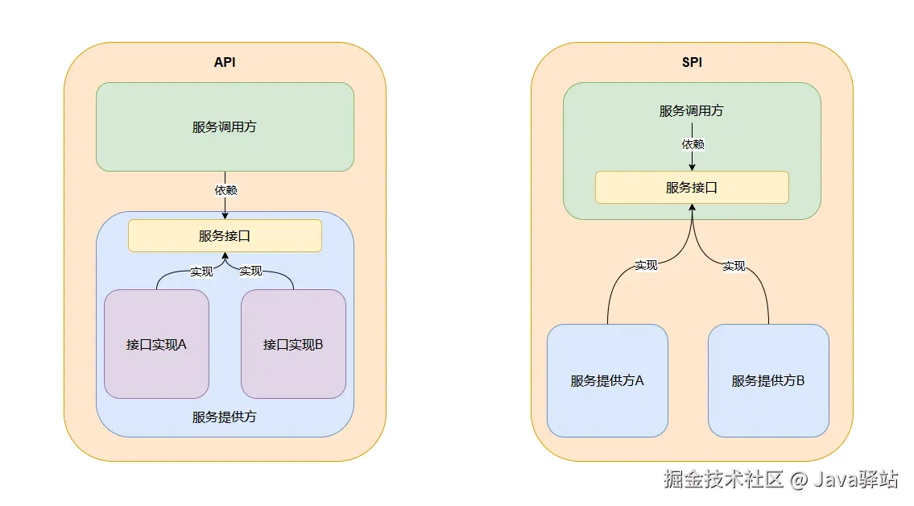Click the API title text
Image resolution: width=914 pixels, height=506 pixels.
click(225, 62)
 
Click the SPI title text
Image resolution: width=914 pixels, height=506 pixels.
click(692, 62)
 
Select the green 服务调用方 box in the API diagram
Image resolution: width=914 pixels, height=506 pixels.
click(225, 126)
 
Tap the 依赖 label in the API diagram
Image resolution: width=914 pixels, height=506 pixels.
click(225, 190)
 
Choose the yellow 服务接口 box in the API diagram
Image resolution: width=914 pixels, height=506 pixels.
click(225, 235)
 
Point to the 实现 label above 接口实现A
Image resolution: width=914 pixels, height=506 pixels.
click(201, 271)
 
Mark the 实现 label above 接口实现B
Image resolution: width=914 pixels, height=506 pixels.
click(250, 271)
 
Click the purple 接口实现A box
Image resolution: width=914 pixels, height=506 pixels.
click(156, 344)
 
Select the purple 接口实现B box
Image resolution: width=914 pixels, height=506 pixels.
click(293, 344)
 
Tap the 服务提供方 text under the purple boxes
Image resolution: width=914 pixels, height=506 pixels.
click(225, 417)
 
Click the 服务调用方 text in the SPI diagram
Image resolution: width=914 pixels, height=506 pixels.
click(691, 110)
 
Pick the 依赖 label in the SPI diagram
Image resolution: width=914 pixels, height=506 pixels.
click(693, 144)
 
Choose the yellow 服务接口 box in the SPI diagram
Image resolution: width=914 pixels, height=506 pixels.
click(692, 187)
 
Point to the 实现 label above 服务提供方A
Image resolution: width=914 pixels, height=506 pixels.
click(646, 264)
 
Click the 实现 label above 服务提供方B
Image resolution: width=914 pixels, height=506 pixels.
click(734, 265)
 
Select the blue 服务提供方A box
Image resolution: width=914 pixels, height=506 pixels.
click(607, 380)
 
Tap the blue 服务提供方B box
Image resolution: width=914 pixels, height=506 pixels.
click(768, 380)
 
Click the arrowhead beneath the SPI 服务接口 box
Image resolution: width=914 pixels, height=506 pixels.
click(692, 209)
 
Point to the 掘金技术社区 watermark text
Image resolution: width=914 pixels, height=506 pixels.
click(723, 479)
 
